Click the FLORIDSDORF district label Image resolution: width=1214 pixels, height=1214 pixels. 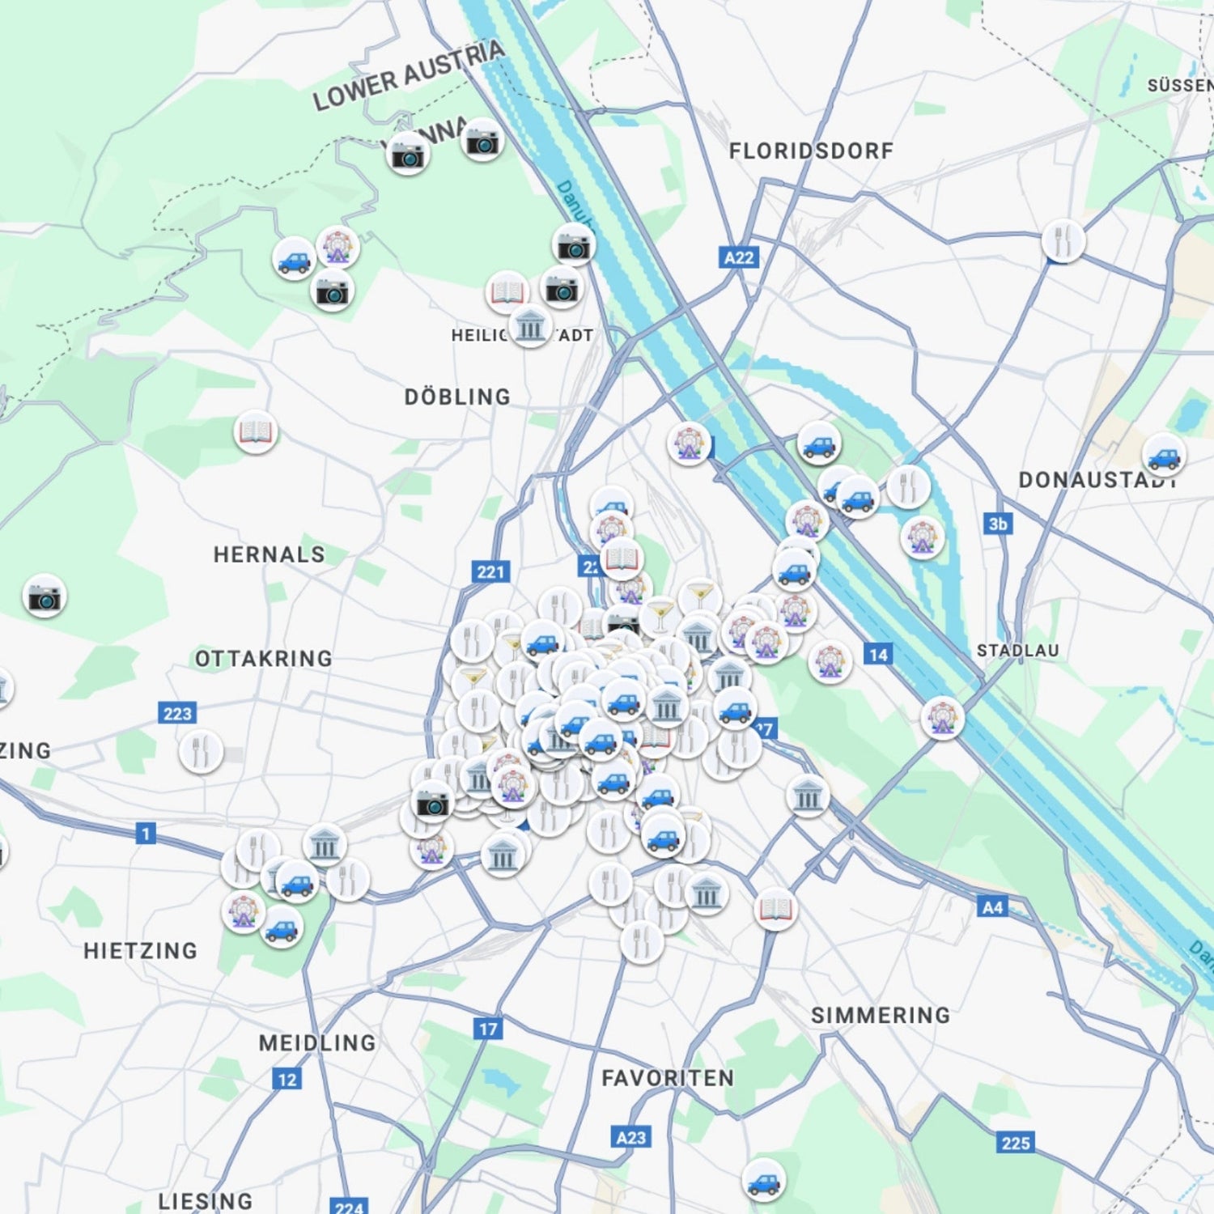point(811,151)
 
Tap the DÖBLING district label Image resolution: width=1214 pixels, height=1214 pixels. point(457,397)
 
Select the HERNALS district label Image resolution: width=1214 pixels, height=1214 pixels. point(269,554)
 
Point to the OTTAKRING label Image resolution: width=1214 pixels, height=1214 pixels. point(264,659)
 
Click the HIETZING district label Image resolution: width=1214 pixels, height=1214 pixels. point(141,950)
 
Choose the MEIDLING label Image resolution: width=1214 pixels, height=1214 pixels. point(317,1042)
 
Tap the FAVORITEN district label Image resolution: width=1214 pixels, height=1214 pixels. point(668,1078)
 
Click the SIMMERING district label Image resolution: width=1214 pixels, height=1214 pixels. point(881,1015)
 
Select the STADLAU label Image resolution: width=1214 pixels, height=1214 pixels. point(1017,651)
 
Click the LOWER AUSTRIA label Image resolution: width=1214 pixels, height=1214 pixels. point(409,75)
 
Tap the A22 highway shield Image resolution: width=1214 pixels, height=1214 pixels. point(738,258)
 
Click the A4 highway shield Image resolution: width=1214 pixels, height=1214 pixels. point(992,907)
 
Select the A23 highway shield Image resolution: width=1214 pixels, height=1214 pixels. point(631,1137)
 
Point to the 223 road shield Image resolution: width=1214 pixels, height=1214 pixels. point(177,713)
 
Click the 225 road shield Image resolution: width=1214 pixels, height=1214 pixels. point(1016,1143)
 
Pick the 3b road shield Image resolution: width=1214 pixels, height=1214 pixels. point(998,524)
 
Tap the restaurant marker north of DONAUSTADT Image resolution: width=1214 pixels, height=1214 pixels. point(1063,240)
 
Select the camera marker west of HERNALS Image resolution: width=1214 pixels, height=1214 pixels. point(45,597)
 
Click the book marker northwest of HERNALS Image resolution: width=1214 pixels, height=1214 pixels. point(256,432)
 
